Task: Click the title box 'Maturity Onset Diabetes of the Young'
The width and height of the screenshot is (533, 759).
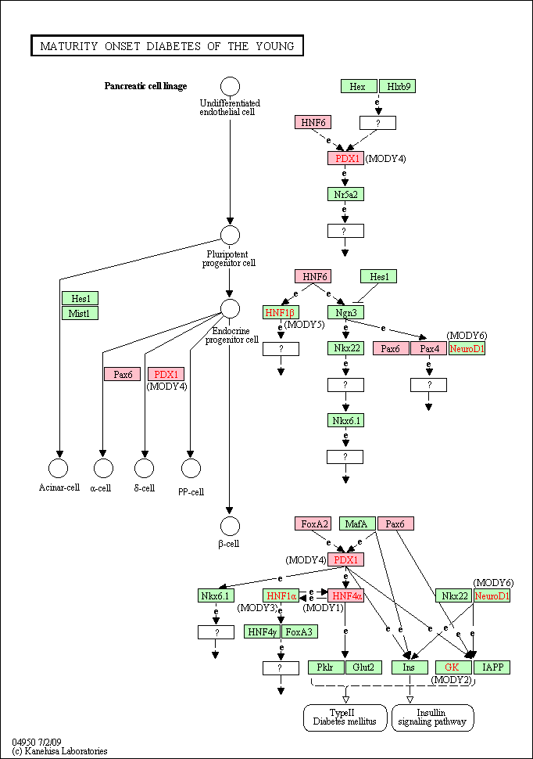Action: coord(167,46)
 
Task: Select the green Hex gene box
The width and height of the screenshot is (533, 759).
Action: coord(359,87)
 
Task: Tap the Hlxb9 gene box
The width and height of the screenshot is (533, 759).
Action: coord(397,87)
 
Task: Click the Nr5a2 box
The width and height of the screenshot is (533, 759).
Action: coord(345,195)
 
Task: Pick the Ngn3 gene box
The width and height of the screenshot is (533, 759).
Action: coord(345,313)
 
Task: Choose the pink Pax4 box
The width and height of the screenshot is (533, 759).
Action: coord(428,348)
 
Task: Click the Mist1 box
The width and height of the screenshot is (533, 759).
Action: coord(80,313)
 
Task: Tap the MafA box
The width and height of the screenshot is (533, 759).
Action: coord(357,523)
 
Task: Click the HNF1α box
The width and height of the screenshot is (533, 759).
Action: coord(281,596)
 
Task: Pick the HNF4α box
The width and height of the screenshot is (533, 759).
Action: coord(345,596)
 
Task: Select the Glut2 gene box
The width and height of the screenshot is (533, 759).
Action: coord(363,667)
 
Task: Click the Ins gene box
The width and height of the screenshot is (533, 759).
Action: coord(410,667)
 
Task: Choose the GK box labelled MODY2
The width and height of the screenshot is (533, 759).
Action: coord(454,667)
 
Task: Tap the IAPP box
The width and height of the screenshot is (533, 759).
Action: coord(492,667)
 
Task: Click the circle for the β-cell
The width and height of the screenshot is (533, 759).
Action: coord(230,526)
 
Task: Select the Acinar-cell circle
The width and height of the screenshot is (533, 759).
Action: coord(59,468)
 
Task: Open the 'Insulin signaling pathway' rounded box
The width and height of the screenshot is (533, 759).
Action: coord(432,718)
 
